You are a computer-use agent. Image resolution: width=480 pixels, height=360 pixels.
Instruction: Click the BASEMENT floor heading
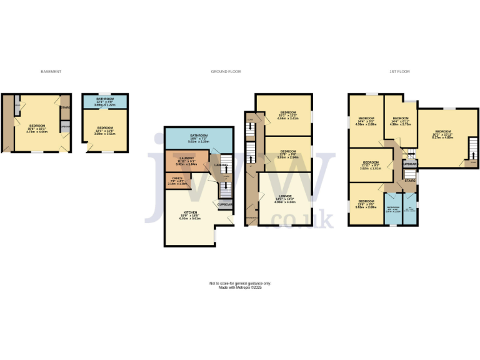pyautogui.click(x=51, y=72)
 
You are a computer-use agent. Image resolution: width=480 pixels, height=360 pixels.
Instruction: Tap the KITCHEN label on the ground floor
pyautogui.click(x=190, y=212)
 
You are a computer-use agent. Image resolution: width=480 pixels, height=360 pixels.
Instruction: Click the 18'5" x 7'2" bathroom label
pyautogui.click(x=199, y=136)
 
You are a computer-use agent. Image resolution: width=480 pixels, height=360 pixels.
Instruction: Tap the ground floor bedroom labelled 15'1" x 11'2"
pyautogui.click(x=288, y=112)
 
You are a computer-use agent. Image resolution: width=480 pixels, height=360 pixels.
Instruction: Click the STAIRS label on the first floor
pyautogui.click(x=410, y=181)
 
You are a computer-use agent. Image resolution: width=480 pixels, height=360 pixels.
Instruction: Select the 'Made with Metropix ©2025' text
pyautogui.click(x=240, y=287)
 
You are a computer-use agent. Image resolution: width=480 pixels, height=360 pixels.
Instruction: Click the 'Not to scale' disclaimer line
pyautogui.click(x=240, y=283)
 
